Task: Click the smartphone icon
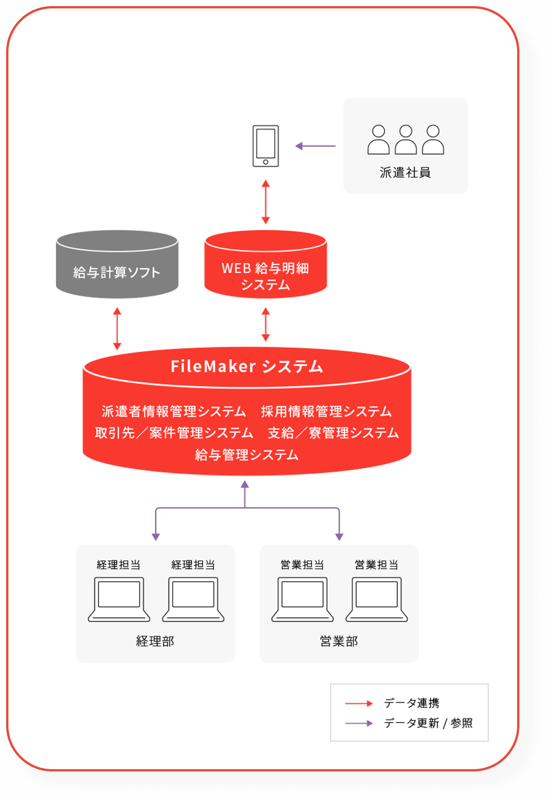coord(265,146)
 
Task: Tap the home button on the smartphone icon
coord(265,162)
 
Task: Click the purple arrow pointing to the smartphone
coord(315,146)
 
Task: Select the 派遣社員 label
coord(405,173)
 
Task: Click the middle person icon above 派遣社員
coord(406,140)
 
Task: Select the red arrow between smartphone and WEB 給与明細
coord(265,202)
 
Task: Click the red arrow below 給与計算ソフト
coord(117,328)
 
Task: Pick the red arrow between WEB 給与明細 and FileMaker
coord(265,324)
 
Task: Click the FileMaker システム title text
coord(247,366)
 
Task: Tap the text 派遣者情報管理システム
coord(174,411)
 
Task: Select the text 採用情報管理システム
coord(326,411)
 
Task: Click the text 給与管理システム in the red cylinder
coord(247,455)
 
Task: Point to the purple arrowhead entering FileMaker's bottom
coord(245,484)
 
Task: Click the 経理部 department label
coord(155,641)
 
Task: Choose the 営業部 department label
coord(339,641)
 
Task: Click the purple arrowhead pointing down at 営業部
coord(339,536)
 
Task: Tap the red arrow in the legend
coord(359,703)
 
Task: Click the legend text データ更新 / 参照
coord(428,723)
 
